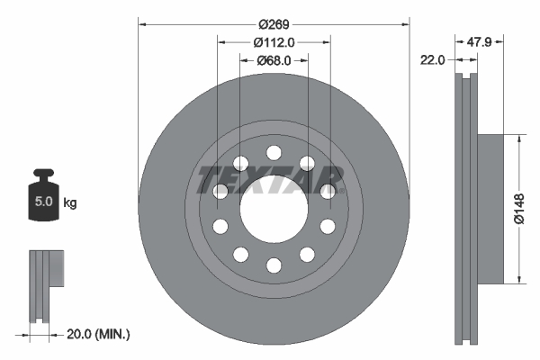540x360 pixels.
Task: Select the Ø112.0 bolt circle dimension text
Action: [274, 41]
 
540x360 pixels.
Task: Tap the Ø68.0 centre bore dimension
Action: [274, 61]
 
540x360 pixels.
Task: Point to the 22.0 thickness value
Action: [434, 59]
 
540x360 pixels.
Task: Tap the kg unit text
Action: [71, 203]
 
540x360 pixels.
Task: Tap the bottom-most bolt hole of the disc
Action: [274, 265]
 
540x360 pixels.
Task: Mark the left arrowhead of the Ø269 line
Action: [142, 22]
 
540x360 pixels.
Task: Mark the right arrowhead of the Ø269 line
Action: [405, 22]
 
